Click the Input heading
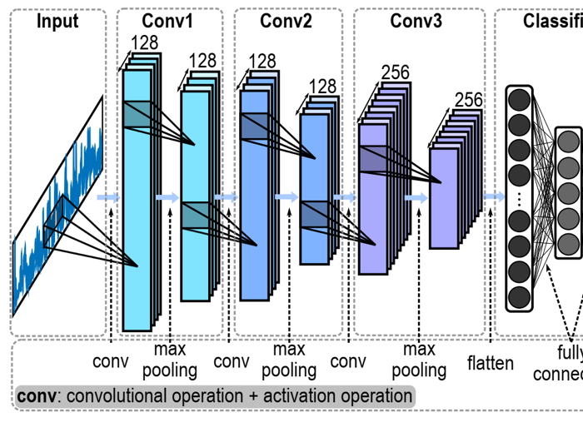(57, 21)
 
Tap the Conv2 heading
(286, 21)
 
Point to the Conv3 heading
(416, 21)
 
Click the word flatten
(491, 364)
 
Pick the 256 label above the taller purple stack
(395, 73)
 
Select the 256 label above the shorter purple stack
(468, 101)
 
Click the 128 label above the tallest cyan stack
(143, 42)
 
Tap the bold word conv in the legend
(37, 396)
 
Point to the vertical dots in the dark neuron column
(519, 199)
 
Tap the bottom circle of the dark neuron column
(519, 295)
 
